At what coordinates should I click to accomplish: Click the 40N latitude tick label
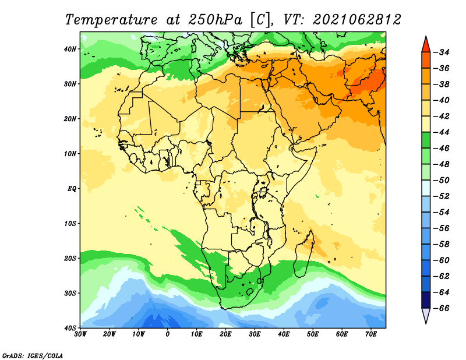coord(70,49)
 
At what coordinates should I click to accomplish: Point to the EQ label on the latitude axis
coord(72,189)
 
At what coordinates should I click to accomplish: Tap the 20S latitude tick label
coord(70,258)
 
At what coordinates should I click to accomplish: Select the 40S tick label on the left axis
coord(70,328)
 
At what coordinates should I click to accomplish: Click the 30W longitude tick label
coord(80,334)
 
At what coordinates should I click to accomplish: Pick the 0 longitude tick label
coord(168,334)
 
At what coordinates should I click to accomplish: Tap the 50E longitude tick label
coord(313,334)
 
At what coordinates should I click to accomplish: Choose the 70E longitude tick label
coord(371,334)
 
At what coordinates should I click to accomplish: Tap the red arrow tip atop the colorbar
coord(426,37)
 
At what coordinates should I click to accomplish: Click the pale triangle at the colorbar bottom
coord(426,315)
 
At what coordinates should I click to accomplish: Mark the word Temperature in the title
coord(111,20)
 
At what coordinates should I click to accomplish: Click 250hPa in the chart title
coord(215,20)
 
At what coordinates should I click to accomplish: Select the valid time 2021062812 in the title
coord(357,20)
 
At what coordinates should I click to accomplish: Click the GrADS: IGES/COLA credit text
coord(33,356)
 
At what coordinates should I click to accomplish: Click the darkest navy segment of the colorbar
coord(426,300)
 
